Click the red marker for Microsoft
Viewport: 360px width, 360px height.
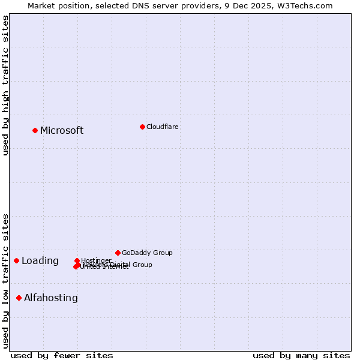pos(35,130)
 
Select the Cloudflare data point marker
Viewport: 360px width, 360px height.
pos(142,127)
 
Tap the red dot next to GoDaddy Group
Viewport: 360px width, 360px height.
pos(118,253)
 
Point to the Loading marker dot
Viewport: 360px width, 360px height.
pos(17,260)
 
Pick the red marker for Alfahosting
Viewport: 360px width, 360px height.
pos(19,298)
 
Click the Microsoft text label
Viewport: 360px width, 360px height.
pos(62,131)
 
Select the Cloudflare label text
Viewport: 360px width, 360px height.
pos(162,127)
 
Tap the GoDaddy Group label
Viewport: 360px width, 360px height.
pos(147,253)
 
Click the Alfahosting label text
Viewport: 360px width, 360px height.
pos(51,298)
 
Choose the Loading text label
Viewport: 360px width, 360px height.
pos(40,261)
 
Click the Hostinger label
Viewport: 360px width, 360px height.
pos(96,260)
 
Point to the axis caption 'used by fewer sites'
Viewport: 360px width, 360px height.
pos(62,355)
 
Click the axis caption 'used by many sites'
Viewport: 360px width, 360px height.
pos(301,355)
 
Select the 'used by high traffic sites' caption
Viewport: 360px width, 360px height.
pos(6,85)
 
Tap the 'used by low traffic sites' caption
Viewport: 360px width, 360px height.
pos(6,280)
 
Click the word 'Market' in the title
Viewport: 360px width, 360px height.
pos(43,5)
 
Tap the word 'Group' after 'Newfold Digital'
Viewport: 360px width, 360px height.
pos(142,265)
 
